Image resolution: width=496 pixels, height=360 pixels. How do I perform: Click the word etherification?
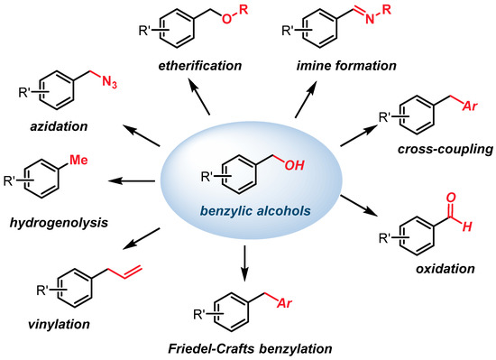click(x=201, y=65)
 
